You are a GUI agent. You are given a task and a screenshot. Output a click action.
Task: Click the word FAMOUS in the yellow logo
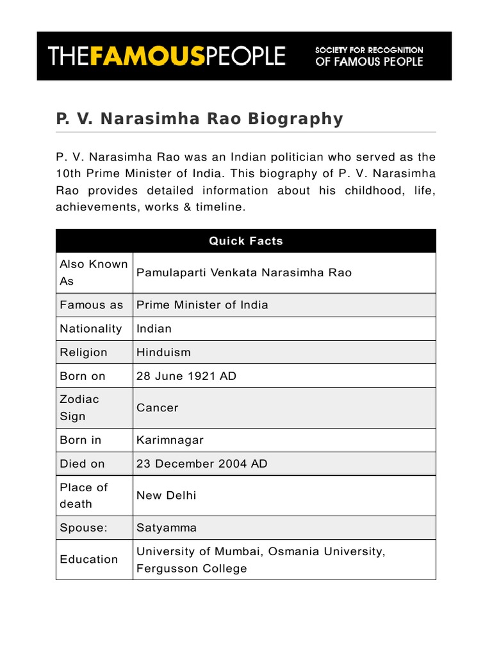click(148, 56)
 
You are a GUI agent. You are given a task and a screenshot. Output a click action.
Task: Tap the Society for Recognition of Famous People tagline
click(368, 56)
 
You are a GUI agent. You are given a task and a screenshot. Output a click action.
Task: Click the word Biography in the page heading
click(295, 119)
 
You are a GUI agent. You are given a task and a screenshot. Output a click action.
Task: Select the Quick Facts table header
click(246, 241)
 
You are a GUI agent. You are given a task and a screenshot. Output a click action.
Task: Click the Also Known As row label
click(94, 272)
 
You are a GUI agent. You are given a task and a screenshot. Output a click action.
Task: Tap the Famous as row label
click(91, 305)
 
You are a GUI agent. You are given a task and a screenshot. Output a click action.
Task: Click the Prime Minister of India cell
click(202, 305)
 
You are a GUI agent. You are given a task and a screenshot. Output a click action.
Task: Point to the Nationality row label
click(90, 329)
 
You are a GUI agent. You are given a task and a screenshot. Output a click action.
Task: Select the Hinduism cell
click(163, 352)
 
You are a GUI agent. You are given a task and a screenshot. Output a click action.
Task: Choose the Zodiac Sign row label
click(79, 407)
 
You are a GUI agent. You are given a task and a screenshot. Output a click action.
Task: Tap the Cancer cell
click(158, 407)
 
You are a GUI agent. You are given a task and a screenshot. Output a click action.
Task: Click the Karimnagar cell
click(170, 440)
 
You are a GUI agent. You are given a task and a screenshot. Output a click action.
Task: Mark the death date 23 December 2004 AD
click(202, 464)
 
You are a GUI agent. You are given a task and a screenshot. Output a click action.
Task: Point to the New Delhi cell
click(167, 495)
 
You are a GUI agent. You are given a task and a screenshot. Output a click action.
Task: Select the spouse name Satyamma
click(167, 528)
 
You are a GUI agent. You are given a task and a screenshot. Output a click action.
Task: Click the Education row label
click(89, 559)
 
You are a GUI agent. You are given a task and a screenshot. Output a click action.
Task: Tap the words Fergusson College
click(192, 569)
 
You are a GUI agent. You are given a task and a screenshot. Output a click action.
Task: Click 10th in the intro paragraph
click(68, 173)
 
